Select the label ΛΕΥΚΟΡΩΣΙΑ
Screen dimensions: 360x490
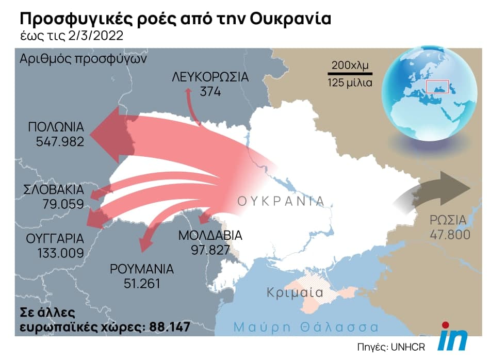(210, 78)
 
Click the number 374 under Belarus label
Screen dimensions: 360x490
(210, 92)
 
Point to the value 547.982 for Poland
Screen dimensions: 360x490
(60, 141)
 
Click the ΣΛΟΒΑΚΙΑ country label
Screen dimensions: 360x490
(54, 190)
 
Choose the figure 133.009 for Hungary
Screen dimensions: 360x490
(60, 253)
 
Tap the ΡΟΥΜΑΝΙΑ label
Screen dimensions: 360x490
(142, 269)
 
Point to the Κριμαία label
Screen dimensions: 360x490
(295, 293)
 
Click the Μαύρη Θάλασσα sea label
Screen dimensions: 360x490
(306, 327)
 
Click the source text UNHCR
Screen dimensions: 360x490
(409, 345)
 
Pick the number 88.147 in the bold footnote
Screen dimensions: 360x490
(169, 327)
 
